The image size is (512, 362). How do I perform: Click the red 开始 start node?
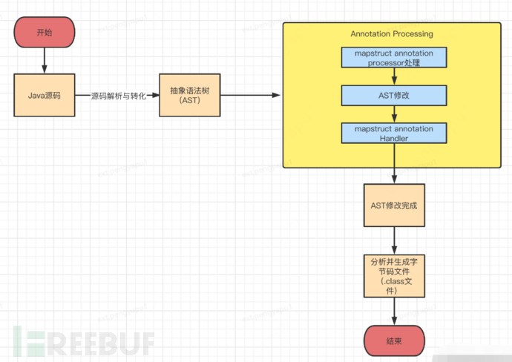(45, 33)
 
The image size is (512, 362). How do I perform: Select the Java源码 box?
(45, 95)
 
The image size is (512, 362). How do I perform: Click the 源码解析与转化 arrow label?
(118, 96)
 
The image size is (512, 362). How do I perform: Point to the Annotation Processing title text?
(391, 34)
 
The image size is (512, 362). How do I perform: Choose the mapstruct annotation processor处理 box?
(393, 59)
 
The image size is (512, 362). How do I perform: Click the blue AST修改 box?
(393, 96)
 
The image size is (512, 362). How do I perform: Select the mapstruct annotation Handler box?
(393, 133)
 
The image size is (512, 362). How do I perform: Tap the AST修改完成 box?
(393, 205)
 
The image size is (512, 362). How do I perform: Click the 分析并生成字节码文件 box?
(393, 276)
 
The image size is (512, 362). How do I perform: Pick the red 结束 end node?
(393, 341)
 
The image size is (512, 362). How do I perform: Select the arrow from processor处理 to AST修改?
(393, 77)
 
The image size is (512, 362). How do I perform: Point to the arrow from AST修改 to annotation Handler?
(393, 114)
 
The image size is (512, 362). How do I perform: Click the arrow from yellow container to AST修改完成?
(393, 175)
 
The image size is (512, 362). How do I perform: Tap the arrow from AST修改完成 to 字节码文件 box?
(393, 239)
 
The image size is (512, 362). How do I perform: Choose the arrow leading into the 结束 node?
(393, 312)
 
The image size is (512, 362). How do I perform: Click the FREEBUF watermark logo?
(82, 341)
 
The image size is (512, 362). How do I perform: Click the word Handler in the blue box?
(393, 138)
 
